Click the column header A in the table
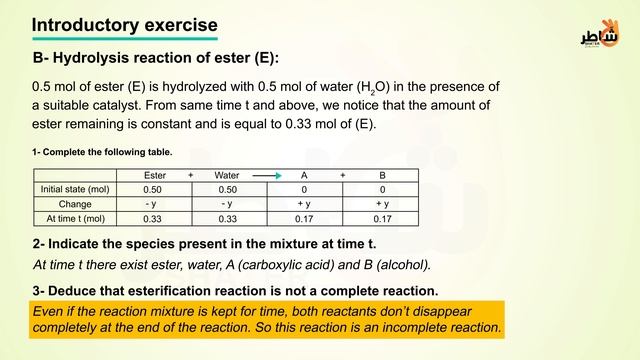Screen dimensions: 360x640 (304, 176)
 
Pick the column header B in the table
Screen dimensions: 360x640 (382, 176)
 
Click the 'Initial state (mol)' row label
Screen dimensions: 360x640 (76, 190)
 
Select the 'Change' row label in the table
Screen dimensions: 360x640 (76, 204)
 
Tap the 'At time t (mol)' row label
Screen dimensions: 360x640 (76, 218)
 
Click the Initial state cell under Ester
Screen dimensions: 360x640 (152, 190)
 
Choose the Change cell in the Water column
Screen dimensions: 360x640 (227, 204)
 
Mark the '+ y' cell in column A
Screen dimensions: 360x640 (304, 204)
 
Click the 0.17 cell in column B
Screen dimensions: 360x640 (382, 218)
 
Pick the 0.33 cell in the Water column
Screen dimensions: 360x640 (227, 218)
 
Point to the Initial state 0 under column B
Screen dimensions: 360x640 (382, 190)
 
